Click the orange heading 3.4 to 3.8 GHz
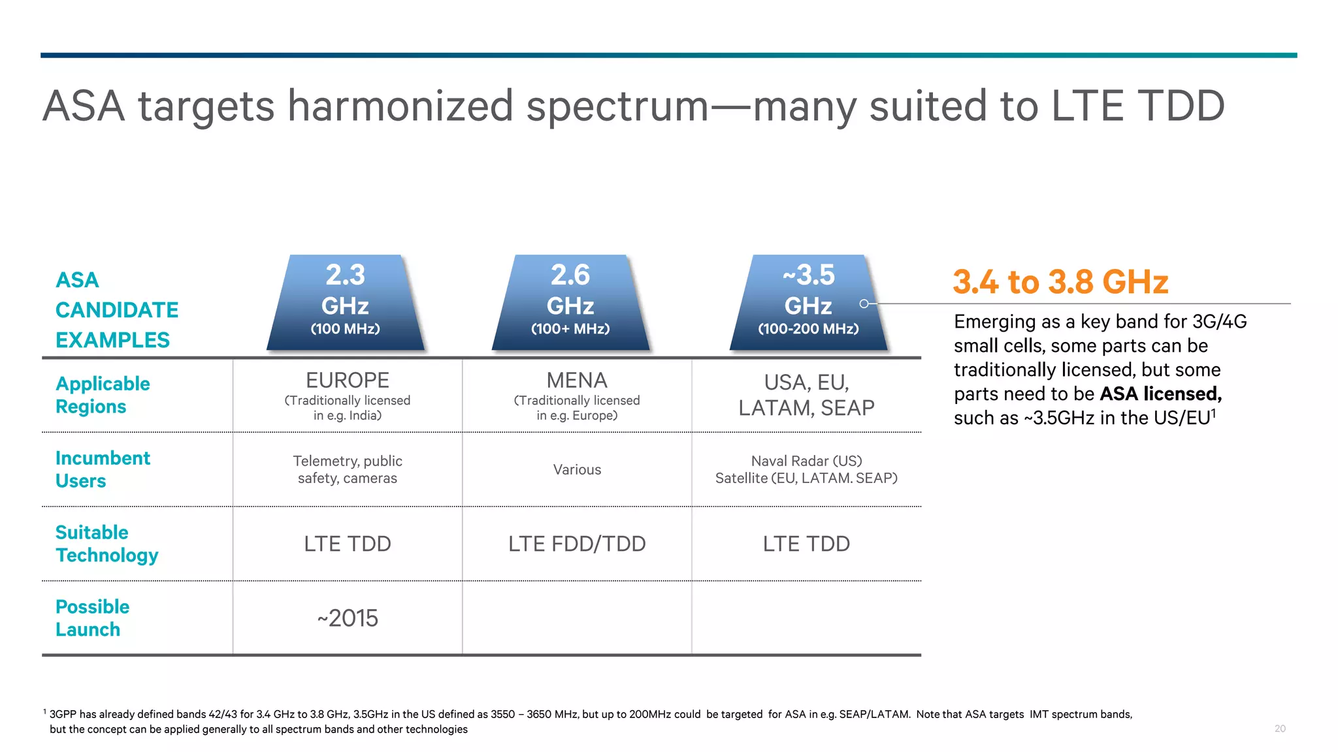click(x=1060, y=282)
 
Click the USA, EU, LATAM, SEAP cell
click(x=806, y=395)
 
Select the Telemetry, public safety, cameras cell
click(x=348, y=469)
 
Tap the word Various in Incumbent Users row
click(x=577, y=469)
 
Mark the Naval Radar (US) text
click(x=806, y=461)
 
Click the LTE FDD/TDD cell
click(x=577, y=544)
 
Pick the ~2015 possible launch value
click(x=348, y=618)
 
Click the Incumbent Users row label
click(x=103, y=469)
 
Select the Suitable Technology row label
click(x=106, y=544)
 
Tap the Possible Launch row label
click(x=92, y=618)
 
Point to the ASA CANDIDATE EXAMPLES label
click(x=116, y=310)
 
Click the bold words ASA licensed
click(x=1160, y=394)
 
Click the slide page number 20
click(x=1280, y=728)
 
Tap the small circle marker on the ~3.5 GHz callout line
click(x=864, y=304)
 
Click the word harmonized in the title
click(x=400, y=106)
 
